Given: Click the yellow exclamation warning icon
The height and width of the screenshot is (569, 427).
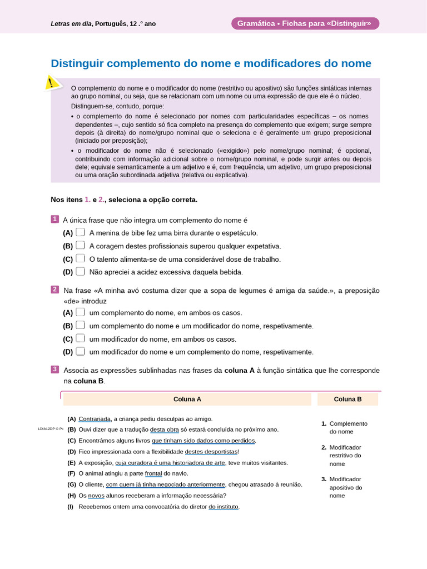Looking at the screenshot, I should (52, 83).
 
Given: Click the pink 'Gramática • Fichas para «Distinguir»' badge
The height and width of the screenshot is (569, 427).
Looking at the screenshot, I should (305, 23).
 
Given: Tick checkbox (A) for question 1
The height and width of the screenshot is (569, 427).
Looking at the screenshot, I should (81, 232).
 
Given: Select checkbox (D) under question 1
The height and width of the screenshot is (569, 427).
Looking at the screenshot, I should (81, 272).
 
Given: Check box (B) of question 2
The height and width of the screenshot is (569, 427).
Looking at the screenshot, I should (81, 326).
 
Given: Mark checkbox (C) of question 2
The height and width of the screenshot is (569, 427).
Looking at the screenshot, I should (81, 338).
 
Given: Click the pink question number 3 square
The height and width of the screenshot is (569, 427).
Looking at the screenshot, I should (54, 369).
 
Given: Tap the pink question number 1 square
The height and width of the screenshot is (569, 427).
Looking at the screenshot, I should (54, 219).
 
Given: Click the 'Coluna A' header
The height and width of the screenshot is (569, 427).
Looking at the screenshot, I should (187, 399).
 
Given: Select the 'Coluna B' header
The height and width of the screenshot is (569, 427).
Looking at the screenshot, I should (347, 399).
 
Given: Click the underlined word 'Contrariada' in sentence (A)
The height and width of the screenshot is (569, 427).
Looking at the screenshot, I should (95, 419).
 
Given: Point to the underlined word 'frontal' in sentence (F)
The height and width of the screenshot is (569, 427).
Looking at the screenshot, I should (154, 473).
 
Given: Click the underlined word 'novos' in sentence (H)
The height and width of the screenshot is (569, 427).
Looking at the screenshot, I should (96, 496).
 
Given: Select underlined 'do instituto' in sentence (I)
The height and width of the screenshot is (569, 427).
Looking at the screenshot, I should (224, 507).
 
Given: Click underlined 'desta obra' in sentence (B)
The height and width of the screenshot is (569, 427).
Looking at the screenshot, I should (165, 430).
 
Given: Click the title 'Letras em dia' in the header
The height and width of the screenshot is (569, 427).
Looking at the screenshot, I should (71, 24).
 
